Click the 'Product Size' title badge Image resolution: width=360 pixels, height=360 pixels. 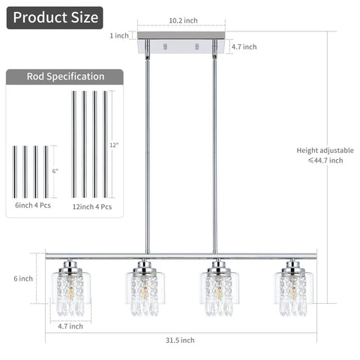55,18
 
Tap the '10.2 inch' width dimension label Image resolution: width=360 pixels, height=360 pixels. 183,20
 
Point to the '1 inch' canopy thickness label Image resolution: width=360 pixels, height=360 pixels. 119,35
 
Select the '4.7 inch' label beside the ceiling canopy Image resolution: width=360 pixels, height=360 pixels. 244,46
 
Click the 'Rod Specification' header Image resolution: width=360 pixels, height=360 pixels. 65,76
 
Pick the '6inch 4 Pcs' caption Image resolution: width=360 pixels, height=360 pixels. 33,205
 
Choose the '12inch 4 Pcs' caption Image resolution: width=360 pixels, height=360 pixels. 92,207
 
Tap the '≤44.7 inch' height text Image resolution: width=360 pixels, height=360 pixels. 325,160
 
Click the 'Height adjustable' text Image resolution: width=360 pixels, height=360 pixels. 325,150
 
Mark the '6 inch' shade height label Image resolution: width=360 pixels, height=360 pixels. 23,278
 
